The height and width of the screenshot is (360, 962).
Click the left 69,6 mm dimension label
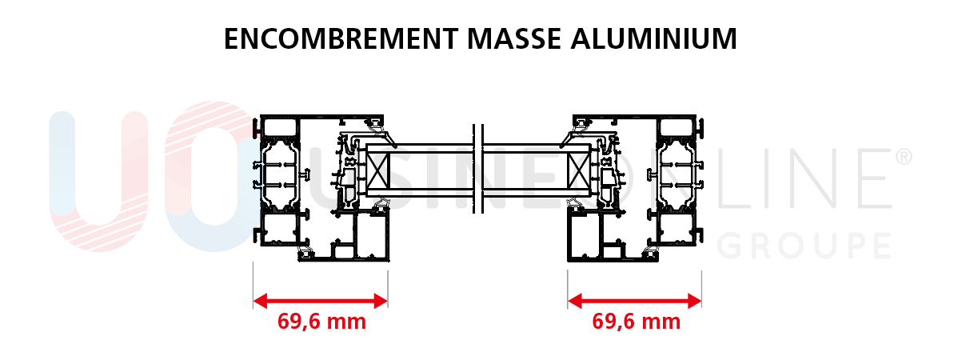[x=321, y=322]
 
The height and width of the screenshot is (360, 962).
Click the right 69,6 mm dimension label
[x=636, y=322]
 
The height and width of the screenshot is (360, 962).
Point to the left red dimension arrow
[x=320, y=301]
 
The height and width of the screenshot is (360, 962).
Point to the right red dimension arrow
[x=634, y=301]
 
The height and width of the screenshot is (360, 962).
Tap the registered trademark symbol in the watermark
[x=904, y=157]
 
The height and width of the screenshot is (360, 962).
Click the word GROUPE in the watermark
[x=804, y=246]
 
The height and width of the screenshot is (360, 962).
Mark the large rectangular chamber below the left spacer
[x=370, y=236]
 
